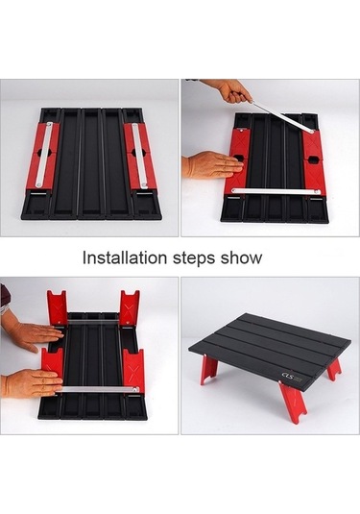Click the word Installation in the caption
coord(123,257)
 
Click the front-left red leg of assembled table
coord(208,370)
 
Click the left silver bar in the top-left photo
coord(42,156)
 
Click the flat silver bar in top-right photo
coord(276,190)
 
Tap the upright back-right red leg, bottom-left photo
coord(130,307)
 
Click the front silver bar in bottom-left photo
coord(96,390)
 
